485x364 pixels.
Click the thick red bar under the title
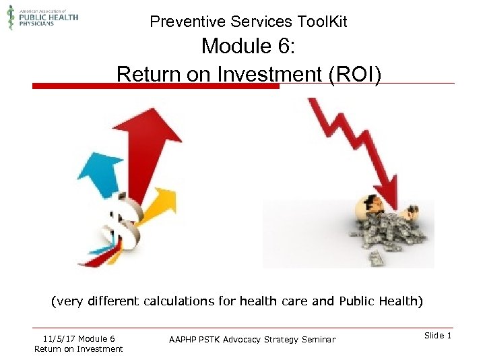coord(156,86)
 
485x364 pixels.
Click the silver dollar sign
coord(125,219)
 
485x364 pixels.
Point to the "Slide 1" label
coord(439,336)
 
